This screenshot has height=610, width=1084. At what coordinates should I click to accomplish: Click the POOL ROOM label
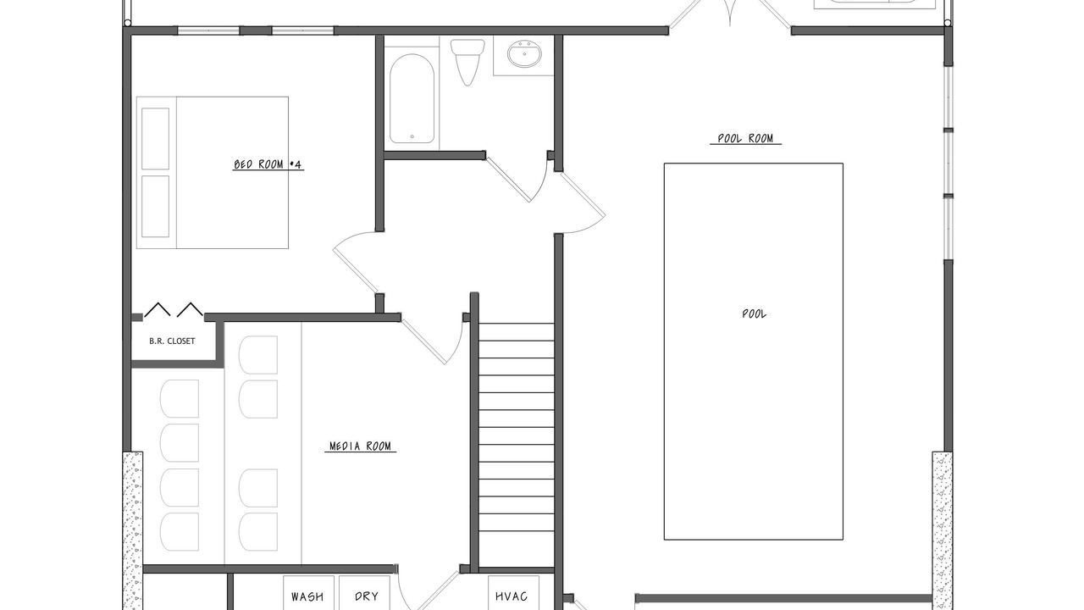pos(746,138)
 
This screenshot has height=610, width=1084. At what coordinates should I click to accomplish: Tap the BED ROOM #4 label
pos(268,164)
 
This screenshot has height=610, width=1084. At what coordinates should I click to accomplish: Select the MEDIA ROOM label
pos(360,446)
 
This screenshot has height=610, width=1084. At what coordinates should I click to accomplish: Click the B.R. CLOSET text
pos(172,341)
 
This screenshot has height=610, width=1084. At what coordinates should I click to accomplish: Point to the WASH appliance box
pos(308,592)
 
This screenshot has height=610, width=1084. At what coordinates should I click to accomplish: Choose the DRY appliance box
pos(364,592)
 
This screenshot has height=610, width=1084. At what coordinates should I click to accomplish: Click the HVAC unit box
pos(513,592)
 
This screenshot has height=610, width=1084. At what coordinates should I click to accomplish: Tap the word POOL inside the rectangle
pos(754,313)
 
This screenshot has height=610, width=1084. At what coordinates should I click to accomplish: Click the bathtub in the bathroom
pos(412,98)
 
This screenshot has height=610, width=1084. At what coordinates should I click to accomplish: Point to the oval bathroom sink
pos(524,53)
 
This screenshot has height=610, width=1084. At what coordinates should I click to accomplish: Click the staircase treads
pos(517,446)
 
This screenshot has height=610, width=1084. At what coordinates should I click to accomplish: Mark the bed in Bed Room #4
pos(213,172)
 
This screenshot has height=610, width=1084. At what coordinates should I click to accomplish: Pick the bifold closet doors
pos(174,309)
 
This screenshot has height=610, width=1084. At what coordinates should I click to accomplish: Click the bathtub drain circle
pos(412,136)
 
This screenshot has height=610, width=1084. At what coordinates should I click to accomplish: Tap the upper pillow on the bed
pos(155,139)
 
